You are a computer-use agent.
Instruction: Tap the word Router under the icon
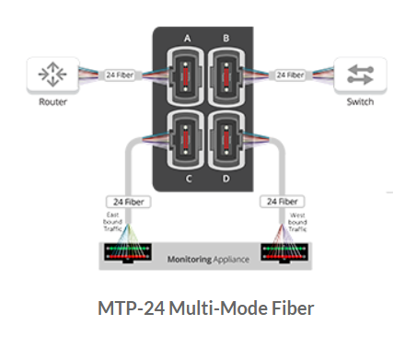coord(52,102)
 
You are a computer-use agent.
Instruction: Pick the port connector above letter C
coord(187,139)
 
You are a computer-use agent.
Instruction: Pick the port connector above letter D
coord(226,139)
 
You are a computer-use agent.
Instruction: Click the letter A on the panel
coord(188,39)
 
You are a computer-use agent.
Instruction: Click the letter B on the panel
coord(226,39)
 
